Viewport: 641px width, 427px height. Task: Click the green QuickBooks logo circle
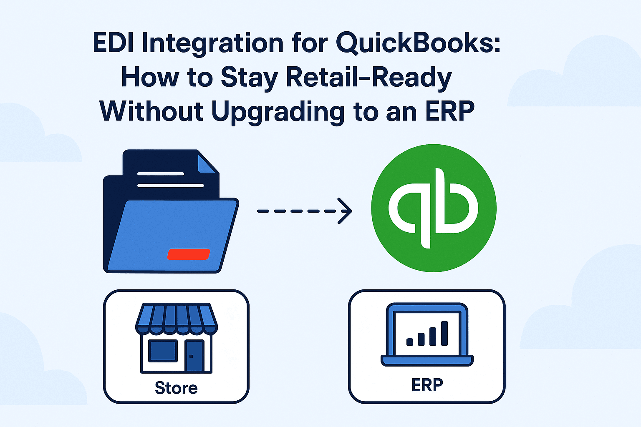pyautogui.click(x=434, y=208)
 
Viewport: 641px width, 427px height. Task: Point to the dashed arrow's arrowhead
pyautogui.click(x=346, y=211)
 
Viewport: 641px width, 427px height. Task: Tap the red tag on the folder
pyautogui.click(x=189, y=254)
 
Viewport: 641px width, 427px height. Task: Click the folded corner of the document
pyautogui.click(x=207, y=162)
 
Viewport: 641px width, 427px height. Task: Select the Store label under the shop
pyautogui.click(x=176, y=388)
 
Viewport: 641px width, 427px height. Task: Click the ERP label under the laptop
pyautogui.click(x=427, y=385)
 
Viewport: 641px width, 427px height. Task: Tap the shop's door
pyautogui.click(x=194, y=356)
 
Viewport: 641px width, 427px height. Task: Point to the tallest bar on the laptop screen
pyautogui.click(x=444, y=333)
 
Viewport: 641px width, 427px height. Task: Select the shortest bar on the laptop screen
pyautogui.click(x=409, y=342)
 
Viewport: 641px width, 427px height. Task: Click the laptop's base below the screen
pyautogui.click(x=427, y=360)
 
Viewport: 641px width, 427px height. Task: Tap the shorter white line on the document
pyautogui.click(x=161, y=173)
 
